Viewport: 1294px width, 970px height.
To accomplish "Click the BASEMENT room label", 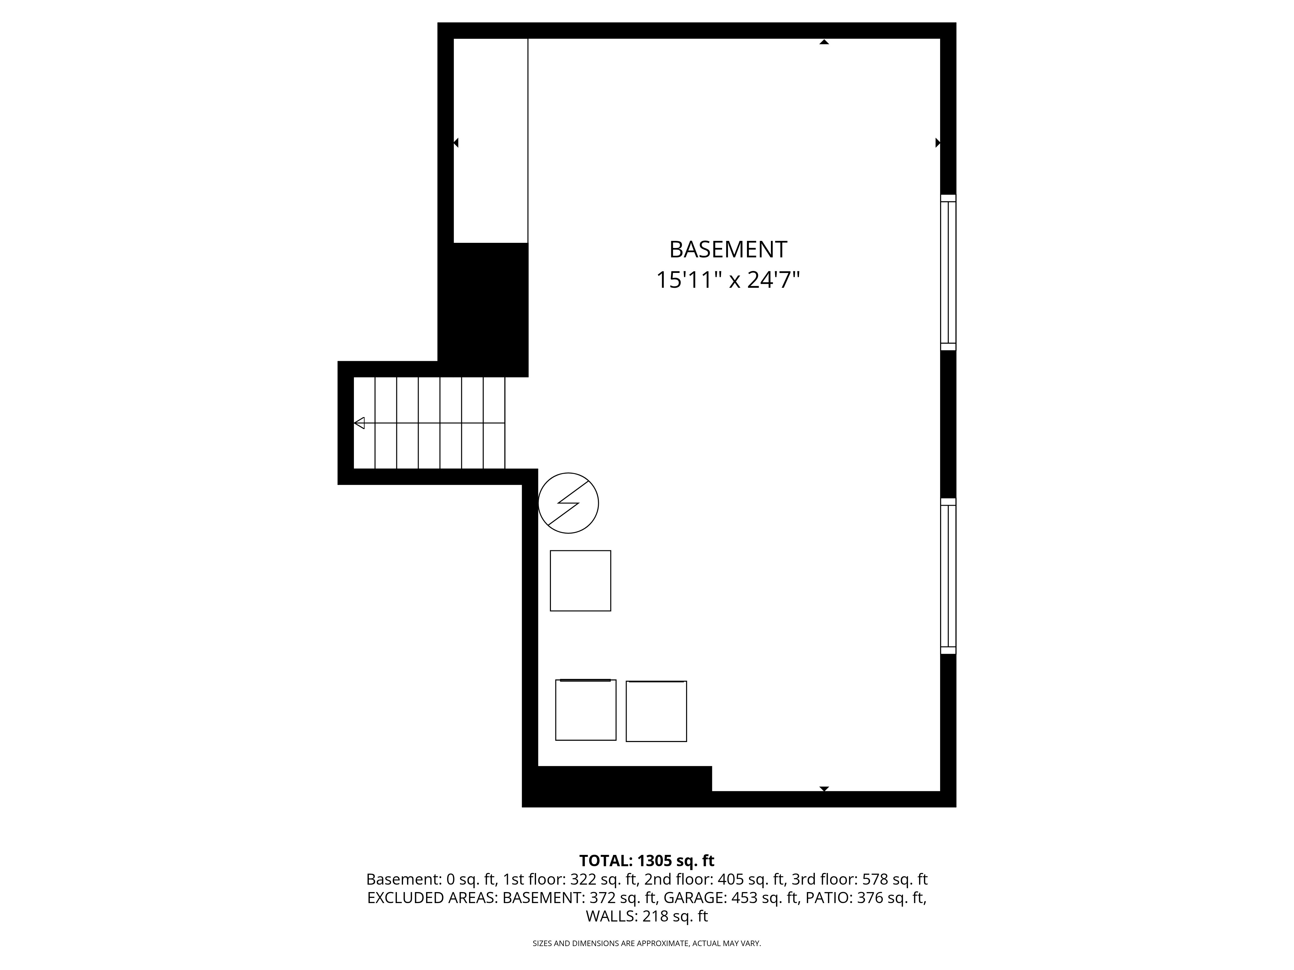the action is click(728, 250).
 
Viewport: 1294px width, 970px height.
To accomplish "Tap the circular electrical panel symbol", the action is click(568, 503).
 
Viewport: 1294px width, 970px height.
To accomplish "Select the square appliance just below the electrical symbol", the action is click(580, 581).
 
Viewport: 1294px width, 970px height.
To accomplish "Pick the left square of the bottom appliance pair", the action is click(586, 710).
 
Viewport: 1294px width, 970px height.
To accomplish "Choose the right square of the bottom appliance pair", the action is click(656, 711).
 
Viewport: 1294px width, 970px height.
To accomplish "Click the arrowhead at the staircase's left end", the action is click(359, 423).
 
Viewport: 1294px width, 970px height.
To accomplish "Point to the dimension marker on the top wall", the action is click(824, 42).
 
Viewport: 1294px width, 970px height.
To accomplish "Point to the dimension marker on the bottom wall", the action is click(824, 789).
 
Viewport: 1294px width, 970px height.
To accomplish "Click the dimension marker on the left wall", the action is click(456, 143).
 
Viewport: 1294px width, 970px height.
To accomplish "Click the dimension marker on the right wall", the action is click(938, 143).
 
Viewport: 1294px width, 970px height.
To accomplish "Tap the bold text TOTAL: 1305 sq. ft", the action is click(646, 861).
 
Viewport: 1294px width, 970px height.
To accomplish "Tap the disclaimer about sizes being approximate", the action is click(646, 943).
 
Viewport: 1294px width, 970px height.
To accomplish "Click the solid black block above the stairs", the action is click(483, 310).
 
